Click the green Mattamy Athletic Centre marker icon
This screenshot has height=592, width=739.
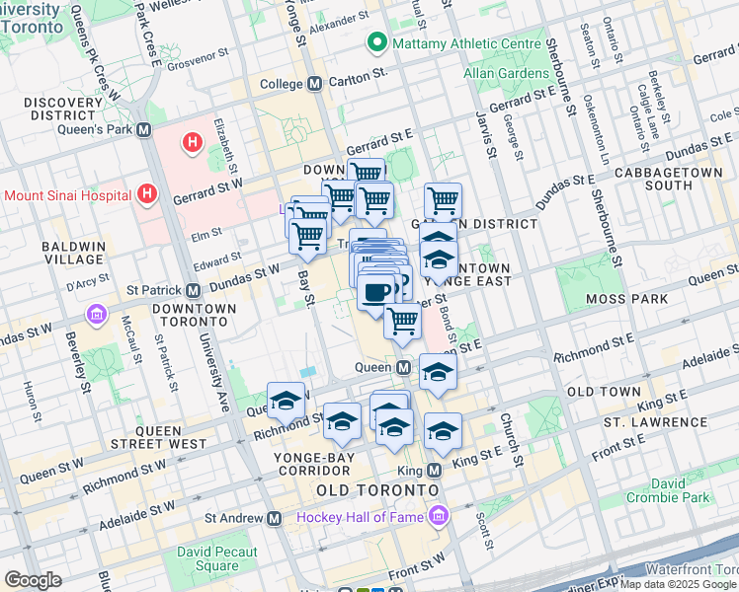point(376,43)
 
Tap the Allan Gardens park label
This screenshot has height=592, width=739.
point(508,74)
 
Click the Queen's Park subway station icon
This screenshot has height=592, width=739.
point(144,129)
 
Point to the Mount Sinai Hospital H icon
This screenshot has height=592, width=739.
point(147,194)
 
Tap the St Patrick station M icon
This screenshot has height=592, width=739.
point(194,291)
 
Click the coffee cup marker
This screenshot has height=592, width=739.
point(376,292)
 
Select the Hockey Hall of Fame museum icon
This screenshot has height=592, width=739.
point(437,516)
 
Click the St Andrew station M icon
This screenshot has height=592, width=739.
point(276,517)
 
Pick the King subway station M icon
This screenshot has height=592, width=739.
point(436,471)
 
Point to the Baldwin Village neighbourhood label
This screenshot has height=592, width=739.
point(73,252)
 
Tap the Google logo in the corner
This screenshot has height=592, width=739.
point(33,579)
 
